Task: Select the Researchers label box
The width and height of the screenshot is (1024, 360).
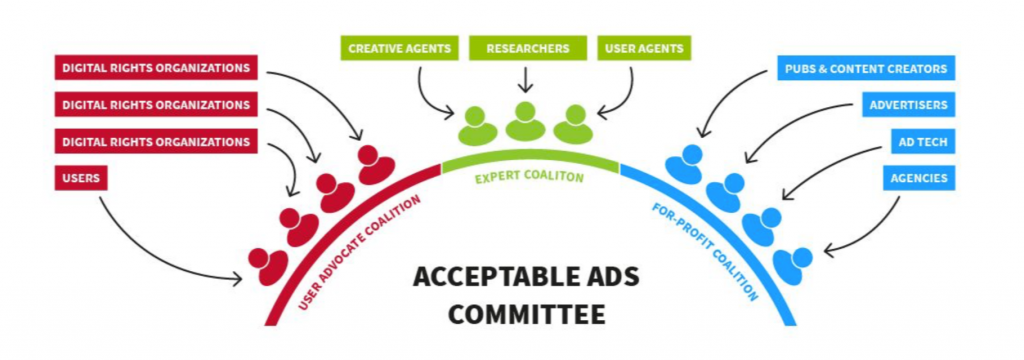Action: [527, 48]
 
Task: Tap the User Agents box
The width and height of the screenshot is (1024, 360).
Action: [646, 48]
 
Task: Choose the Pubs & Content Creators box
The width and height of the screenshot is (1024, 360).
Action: [865, 69]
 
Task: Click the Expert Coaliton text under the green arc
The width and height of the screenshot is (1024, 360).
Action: [529, 177]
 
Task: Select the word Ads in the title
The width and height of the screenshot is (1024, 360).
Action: [606, 277]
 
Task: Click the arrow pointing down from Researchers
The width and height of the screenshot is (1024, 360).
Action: [526, 79]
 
